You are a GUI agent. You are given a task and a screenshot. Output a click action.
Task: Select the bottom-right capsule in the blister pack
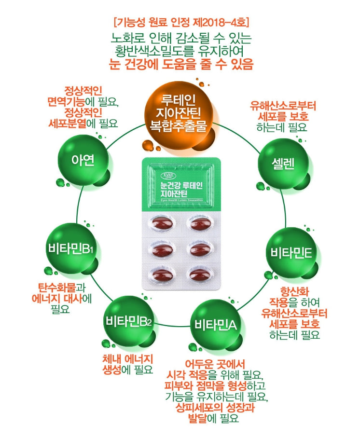tap(198, 274)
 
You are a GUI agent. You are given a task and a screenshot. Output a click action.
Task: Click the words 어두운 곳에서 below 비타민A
tap(216, 364)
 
